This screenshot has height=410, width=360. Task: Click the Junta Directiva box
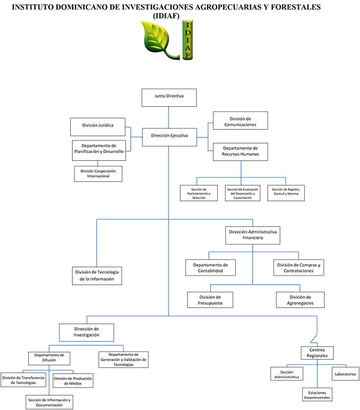tap(169, 97)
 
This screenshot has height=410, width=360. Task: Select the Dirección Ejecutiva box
tap(169, 136)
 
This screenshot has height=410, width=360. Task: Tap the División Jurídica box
tap(98, 126)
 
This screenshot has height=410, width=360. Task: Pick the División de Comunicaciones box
tap(240, 121)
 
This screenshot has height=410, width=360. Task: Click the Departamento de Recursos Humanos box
tap(240, 151)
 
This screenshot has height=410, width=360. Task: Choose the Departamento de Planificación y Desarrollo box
tap(98, 149)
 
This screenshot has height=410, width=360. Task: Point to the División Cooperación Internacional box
tap(98, 174)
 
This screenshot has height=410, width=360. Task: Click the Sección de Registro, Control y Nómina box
tap(285, 193)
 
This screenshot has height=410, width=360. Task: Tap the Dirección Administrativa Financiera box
tap(253, 235)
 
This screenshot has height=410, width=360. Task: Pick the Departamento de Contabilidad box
tap(210, 268)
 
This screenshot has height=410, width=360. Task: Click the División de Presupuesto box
tap(210, 300)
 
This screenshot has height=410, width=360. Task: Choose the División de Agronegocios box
tap(300, 300)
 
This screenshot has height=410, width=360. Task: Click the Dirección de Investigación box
tap(86, 332)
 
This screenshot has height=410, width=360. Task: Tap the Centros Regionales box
tap(317, 352)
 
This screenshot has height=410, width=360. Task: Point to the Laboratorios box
tap(345, 374)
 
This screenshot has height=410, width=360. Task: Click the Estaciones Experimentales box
tap(316, 394)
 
